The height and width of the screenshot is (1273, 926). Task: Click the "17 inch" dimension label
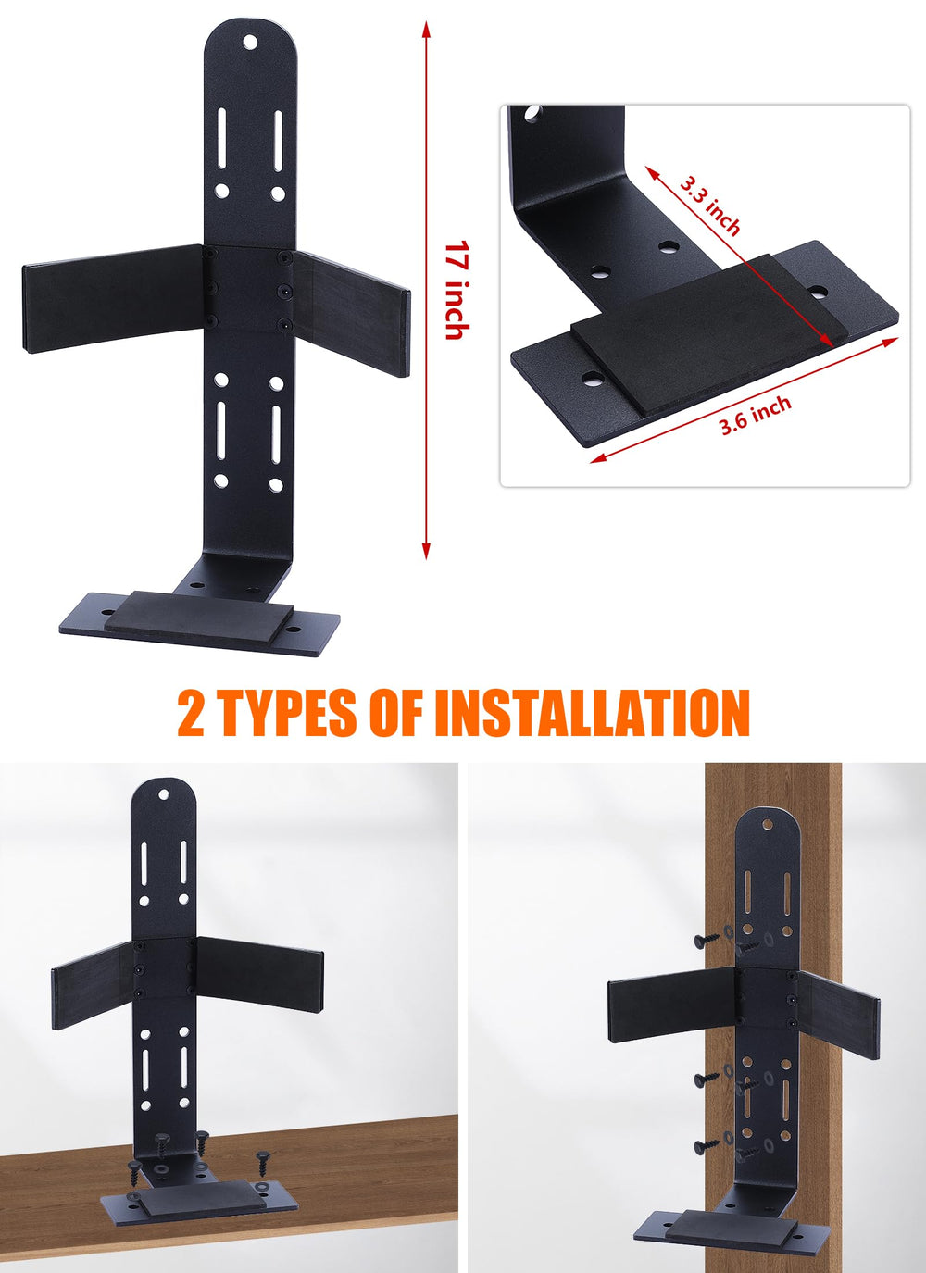pos(457,290)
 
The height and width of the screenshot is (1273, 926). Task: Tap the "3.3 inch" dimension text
pos(711,206)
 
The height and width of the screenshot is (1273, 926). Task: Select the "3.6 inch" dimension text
pos(756,416)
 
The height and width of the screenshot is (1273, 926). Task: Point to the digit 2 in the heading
pos(191,714)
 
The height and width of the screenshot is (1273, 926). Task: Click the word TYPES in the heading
pos(287,713)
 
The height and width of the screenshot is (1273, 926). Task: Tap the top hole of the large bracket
pos(250,42)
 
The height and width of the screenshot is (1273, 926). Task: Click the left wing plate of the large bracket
pos(114,298)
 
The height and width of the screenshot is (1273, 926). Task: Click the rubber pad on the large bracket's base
pos(199,618)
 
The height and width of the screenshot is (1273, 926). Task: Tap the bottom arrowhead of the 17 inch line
pos(426,551)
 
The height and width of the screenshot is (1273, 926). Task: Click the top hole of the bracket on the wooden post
pos(768,823)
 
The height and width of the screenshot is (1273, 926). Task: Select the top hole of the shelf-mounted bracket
pos(164,794)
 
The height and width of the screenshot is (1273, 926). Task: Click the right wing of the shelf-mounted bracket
pos(260,974)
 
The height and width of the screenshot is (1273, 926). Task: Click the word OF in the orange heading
pos(396,713)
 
